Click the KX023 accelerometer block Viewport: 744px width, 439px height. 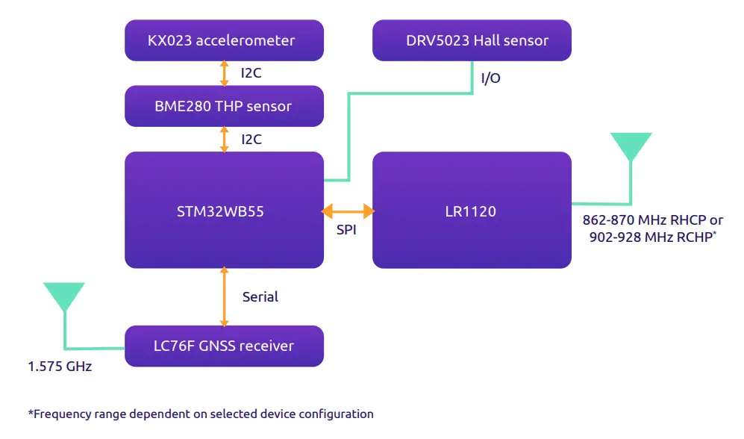pos(224,40)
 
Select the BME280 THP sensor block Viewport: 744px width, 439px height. pos(224,106)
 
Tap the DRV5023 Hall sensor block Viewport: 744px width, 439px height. pos(472,40)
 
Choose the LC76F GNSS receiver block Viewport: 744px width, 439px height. pos(224,346)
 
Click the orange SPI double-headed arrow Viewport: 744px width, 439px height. pos(348,212)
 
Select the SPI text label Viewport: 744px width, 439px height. pos(346,230)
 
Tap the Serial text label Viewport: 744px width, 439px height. pos(260,296)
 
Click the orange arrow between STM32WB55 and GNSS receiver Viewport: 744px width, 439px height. pos(224,296)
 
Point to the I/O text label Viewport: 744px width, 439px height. pos(490,78)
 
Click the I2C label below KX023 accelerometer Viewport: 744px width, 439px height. pos(251,73)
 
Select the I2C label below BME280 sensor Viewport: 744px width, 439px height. pos(251,140)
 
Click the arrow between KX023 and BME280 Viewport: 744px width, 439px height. pos(224,72)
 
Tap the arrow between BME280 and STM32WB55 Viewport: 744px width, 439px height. pos(224,139)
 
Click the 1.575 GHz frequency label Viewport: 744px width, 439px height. pos(60,367)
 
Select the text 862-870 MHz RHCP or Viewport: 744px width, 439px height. pos(652,220)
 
